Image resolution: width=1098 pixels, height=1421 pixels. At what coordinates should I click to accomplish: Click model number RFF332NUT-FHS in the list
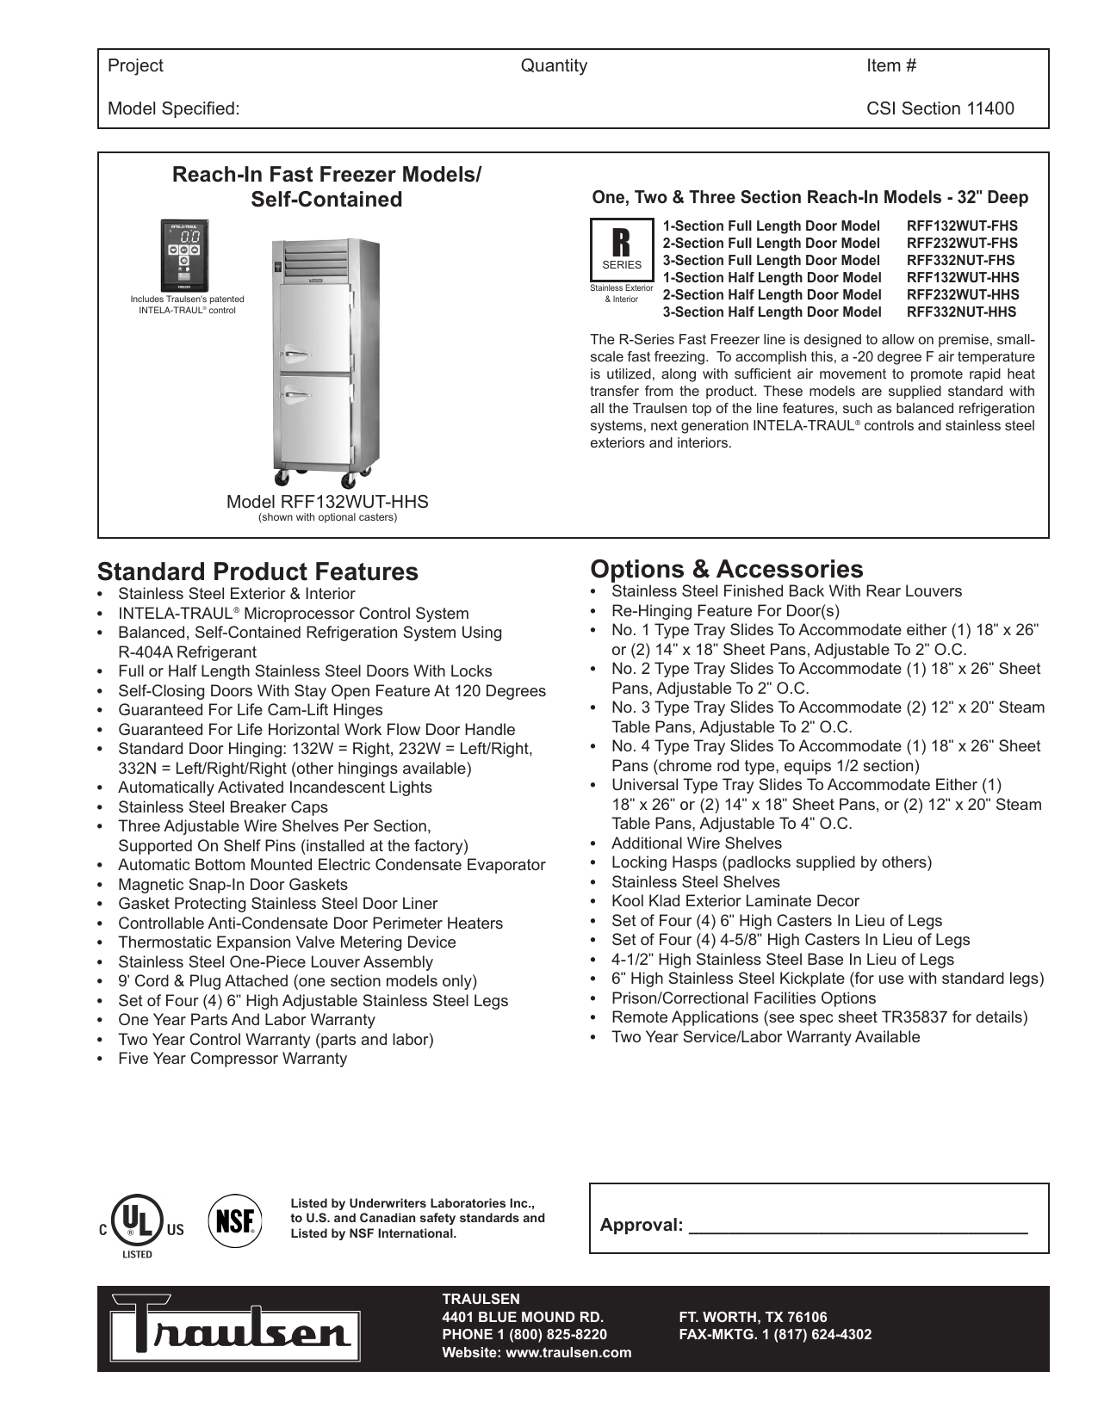[x=960, y=260]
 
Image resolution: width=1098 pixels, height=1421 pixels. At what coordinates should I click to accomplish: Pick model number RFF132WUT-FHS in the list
[x=962, y=226]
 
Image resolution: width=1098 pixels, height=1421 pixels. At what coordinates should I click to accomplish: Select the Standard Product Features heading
[x=257, y=571]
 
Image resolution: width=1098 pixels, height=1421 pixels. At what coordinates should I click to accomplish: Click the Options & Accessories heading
[x=726, y=569]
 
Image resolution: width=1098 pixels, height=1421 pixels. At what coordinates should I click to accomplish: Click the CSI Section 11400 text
[x=940, y=108]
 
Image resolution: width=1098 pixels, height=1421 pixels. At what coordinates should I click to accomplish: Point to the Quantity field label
[x=554, y=66]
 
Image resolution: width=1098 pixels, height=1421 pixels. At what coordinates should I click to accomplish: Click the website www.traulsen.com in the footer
[x=537, y=1352]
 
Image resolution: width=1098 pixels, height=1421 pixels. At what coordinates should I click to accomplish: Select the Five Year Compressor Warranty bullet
[x=232, y=1059]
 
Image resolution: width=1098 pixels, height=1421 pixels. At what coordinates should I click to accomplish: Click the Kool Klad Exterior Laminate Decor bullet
[x=735, y=901]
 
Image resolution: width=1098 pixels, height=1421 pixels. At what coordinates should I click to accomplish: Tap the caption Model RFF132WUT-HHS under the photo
[x=327, y=502]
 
